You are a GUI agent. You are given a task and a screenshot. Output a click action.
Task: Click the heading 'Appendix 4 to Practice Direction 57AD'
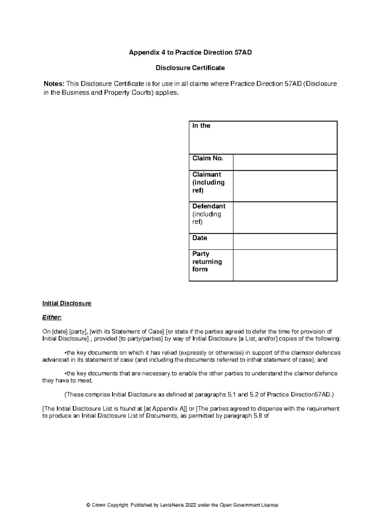[x=190, y=53]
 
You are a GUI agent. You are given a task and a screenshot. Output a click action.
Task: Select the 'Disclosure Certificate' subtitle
[x=190, y=68]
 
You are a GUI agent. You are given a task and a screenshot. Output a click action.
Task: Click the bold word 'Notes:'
[x=54, y=84]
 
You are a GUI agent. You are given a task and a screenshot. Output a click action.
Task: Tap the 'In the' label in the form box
[x=201, y=126]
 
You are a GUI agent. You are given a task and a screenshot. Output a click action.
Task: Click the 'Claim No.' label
[x=208, y=158]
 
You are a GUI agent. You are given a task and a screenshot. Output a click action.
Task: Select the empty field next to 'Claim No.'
[x=285, y=162]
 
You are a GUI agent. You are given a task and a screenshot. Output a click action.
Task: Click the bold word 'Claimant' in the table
[x=207, y=175]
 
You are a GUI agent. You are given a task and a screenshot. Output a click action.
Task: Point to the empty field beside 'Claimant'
[x=285, y=186]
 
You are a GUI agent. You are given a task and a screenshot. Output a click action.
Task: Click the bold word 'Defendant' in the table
[x=209, y=206]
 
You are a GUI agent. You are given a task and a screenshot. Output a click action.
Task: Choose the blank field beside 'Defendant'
[x=285, y=217]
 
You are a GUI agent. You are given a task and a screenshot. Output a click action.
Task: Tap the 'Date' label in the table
[x=200, y=238]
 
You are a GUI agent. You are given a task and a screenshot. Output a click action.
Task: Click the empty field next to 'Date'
[x=285, y=241]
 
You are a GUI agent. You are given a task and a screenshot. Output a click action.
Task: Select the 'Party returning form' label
[x=207, y=261]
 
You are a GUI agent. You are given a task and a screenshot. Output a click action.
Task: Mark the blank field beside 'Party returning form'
[x=285, y=265]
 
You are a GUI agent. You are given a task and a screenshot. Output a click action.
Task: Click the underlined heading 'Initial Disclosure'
[x=67, y=303]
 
